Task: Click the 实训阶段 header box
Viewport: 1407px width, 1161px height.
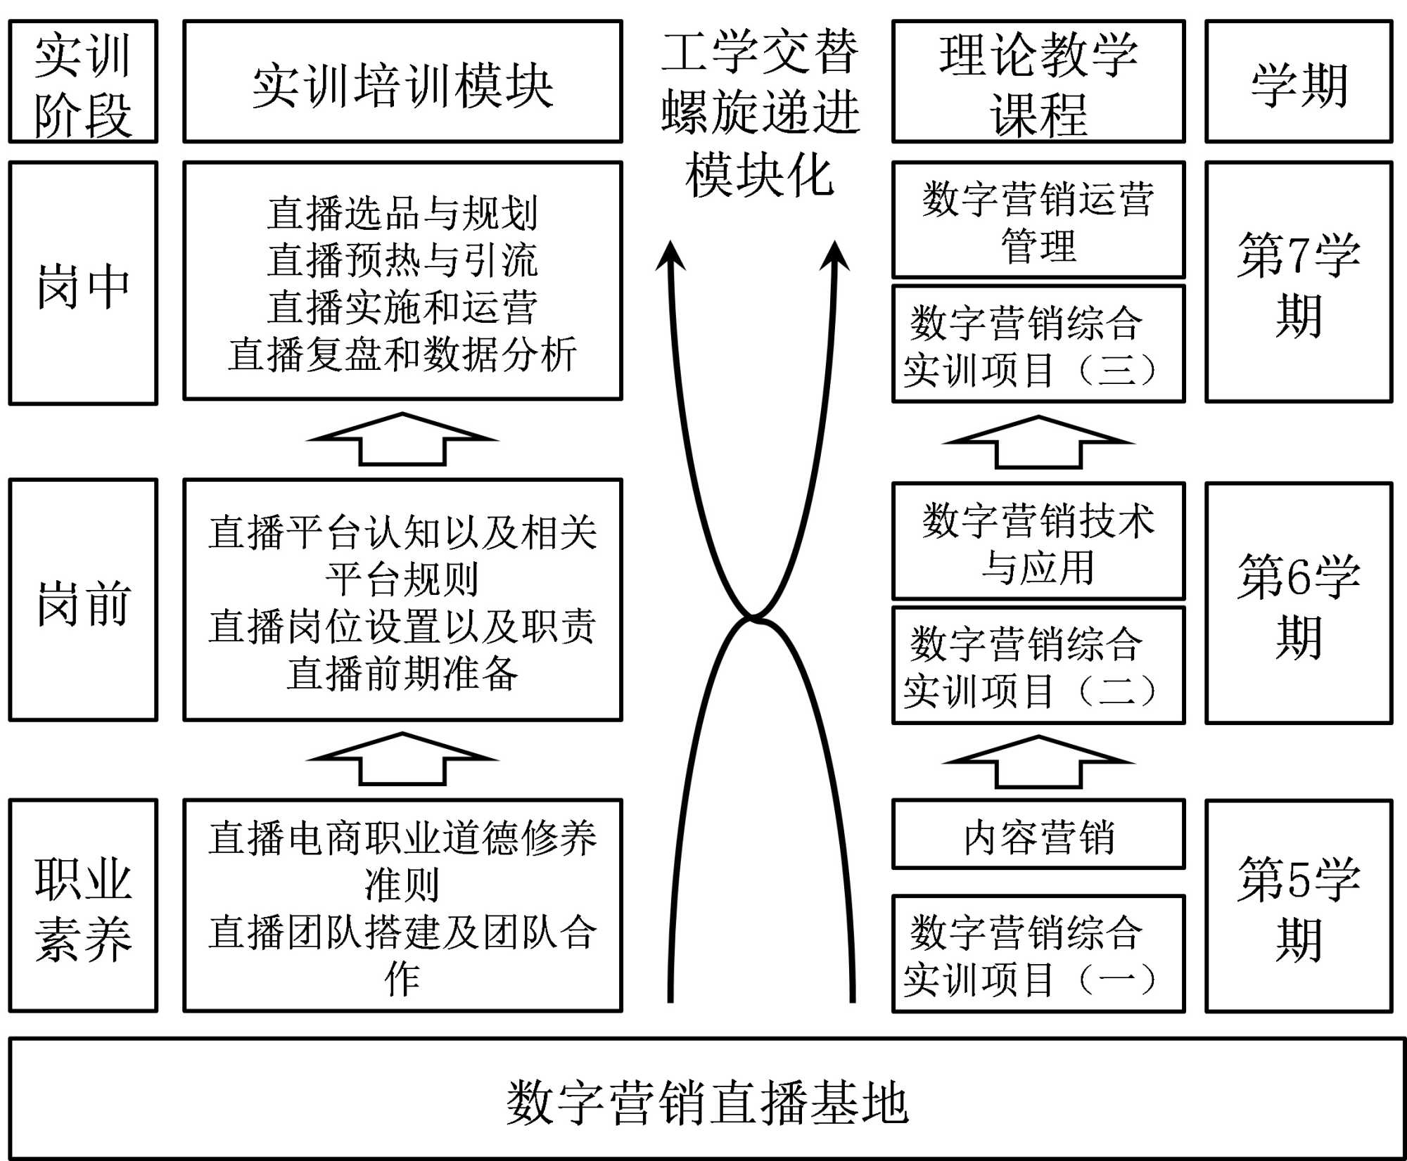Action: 83,82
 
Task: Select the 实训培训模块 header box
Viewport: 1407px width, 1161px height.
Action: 402,82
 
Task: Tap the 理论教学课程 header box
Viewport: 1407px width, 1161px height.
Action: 1038,82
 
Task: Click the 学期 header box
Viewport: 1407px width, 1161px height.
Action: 1299,82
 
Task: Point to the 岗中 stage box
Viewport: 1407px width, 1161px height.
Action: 83,283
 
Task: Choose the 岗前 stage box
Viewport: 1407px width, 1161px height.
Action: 83,600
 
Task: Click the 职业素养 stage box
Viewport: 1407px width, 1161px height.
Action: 83,906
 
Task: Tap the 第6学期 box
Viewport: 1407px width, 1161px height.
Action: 1299,603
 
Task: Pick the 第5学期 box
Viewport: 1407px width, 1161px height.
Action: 1299,906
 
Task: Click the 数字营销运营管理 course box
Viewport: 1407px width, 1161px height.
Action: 1038,220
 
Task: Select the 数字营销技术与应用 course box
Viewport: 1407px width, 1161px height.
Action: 1038,541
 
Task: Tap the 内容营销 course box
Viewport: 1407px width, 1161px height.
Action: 1038,835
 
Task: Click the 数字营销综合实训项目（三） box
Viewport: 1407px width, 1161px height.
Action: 1038,344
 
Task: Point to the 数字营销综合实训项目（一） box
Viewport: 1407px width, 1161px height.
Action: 1038,954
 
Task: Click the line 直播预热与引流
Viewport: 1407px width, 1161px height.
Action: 402,259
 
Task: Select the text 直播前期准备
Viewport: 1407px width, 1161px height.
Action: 402,673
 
